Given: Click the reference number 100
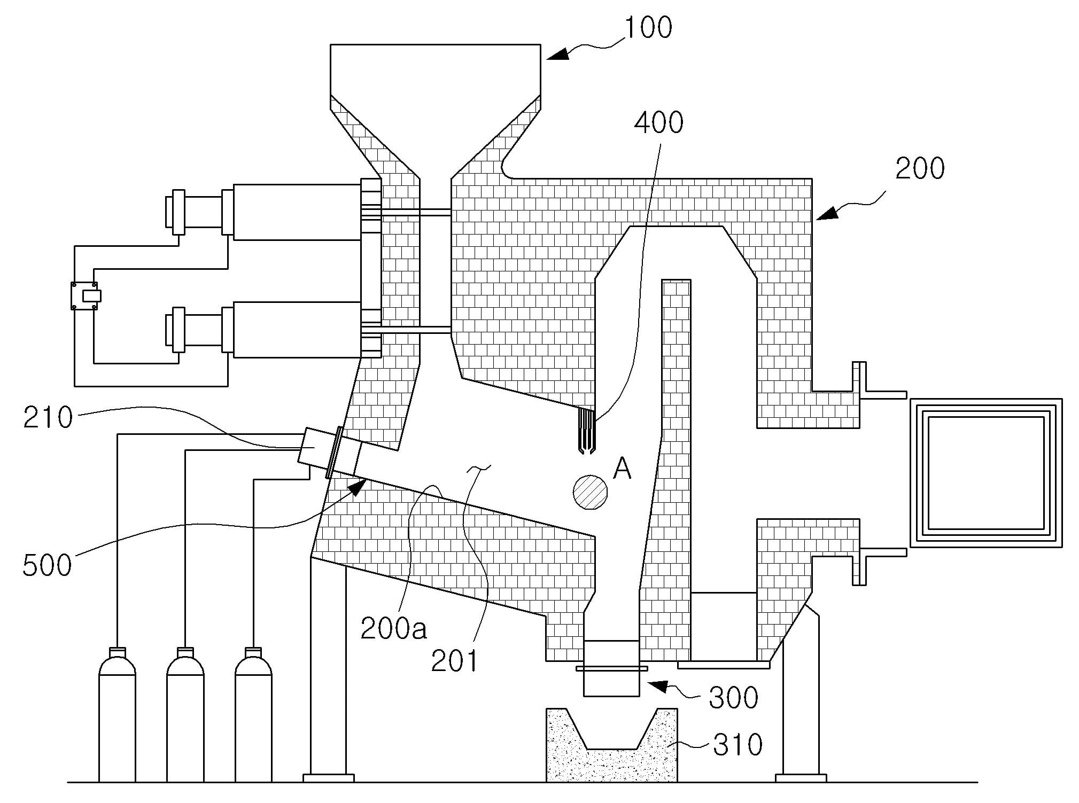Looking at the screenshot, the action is [648, 27].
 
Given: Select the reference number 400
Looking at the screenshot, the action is [658, 122].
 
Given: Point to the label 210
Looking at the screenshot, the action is [48, 417].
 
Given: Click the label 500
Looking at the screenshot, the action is [47, 565].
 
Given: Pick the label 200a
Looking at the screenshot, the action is [394, 628].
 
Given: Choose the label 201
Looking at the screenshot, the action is [454, 661].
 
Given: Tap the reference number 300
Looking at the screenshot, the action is [733, 697].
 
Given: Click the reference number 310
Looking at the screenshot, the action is [738, 744].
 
